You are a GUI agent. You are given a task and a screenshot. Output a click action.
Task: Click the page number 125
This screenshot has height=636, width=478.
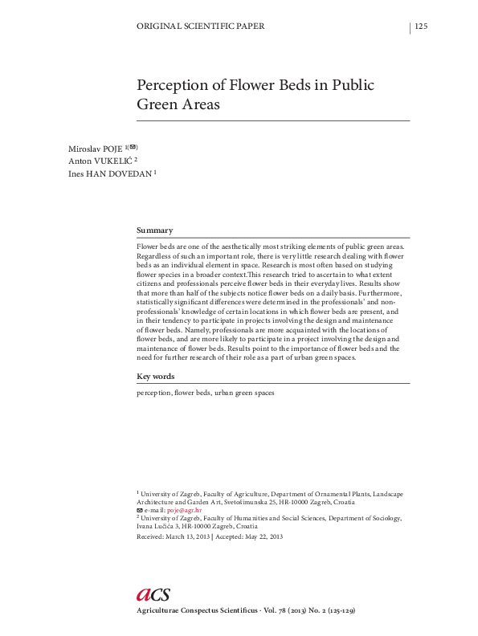[421, 26]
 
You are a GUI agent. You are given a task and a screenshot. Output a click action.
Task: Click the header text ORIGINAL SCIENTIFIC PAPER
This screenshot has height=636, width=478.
[202, 26]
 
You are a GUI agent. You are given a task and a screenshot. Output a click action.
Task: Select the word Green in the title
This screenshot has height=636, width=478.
[157, 105]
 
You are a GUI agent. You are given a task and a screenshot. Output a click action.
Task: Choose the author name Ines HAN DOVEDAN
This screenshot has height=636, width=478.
[109, 173]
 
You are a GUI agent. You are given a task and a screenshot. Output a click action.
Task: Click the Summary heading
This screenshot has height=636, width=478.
[155, 230]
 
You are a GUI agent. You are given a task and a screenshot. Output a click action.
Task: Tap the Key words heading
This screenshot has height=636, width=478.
[156, 376]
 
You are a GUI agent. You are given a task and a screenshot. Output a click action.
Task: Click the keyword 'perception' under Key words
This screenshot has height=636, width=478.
[153, 393]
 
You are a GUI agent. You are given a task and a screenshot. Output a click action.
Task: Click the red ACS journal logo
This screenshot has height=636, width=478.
[153, 593]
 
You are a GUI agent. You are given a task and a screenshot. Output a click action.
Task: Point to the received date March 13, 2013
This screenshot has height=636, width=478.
[186, 536]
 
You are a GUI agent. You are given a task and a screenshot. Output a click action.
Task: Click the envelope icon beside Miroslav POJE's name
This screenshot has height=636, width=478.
[133, 146]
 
